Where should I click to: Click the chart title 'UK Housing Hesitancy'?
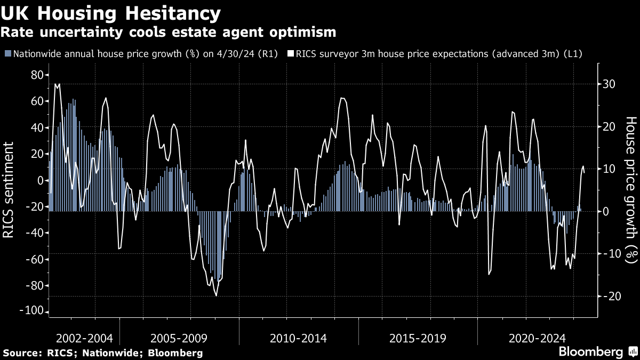tap(111, 13)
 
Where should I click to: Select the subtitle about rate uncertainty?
tap(168, 32)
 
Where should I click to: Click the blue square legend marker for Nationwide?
tap(8, 54)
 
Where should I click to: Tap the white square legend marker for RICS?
tap(291, 54)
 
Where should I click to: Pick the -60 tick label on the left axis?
tap(34, 260)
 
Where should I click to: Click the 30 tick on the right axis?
tap(610, 84)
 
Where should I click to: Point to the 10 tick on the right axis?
tap(610, 169)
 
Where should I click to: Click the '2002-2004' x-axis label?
tap(84, 338)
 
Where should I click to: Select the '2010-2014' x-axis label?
tap(298, 338)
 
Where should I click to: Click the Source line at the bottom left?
tap(103, 353)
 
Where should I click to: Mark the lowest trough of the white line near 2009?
tap(216, 295)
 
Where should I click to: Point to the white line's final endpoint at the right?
tap(585, 172)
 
